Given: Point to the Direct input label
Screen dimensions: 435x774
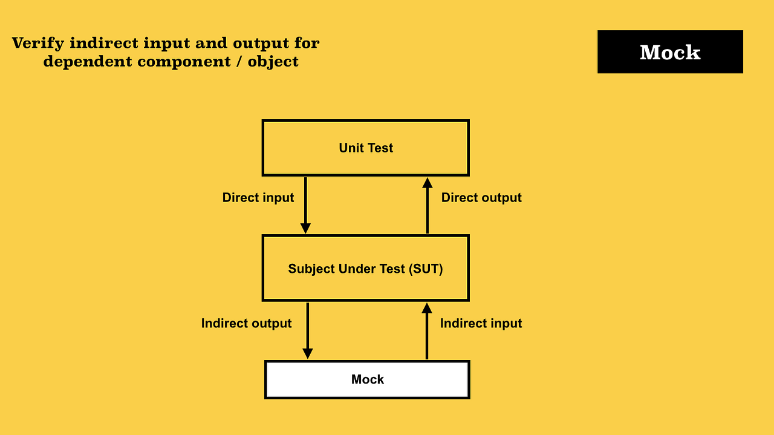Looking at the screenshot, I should tap(258, 198).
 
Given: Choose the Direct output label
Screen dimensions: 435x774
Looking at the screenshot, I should tap(481, 198).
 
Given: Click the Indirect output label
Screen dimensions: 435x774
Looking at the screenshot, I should tap(246, 324).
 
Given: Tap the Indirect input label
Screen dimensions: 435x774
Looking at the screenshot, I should tap(481, 324).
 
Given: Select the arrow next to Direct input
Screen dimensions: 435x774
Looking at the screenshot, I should tap(305, 205).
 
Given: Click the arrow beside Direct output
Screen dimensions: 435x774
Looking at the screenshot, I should tap(428, 206).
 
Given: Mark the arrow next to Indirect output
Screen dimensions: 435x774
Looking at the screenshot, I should tap(307, 330).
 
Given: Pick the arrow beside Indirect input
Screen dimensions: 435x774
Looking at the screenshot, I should tap(427, 331).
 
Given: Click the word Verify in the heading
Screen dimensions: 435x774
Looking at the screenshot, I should tap(38, 44).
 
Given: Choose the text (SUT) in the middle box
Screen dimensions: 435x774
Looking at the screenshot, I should tap(426, 269).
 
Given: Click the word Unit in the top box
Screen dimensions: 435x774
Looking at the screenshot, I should tap(351, 148).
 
